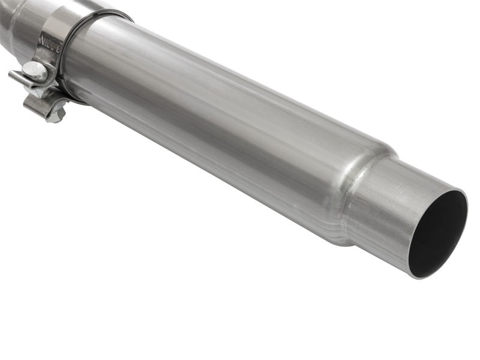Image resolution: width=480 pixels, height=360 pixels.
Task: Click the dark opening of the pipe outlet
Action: [x=438, y=234]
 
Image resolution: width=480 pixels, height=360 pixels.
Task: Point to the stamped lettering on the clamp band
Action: [x=48, y=42]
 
